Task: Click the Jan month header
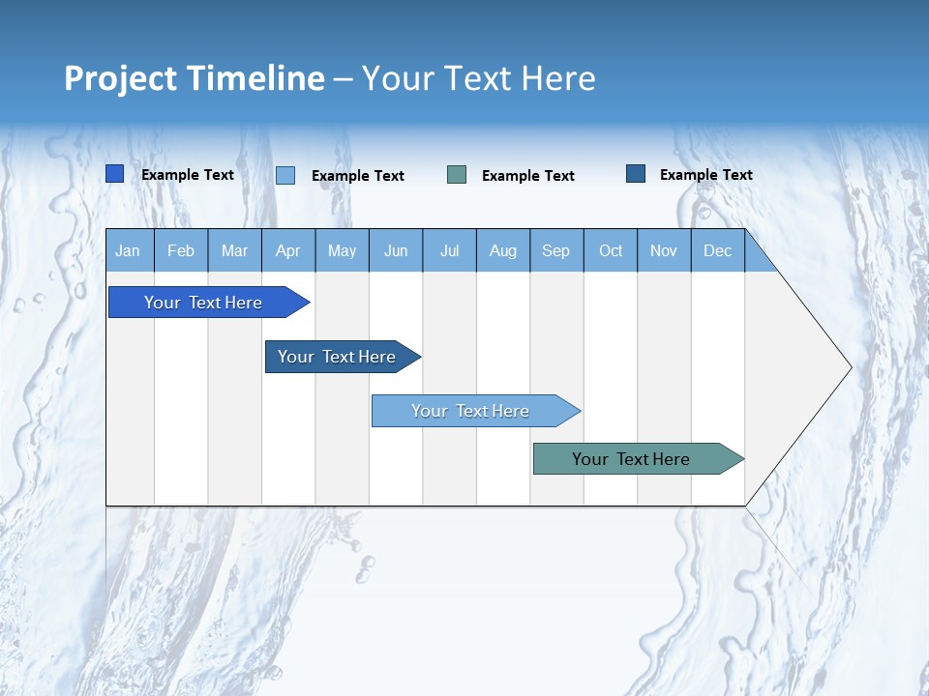(x=129, y=250)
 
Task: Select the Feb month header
(x=181, y=250)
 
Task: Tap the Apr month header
(x=288, y=250)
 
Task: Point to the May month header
(x=342, y=250)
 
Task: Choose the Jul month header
(x=449, y=250)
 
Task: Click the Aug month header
(x=503, y=250)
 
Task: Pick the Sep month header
(x=556, y=250)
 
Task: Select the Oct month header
(x=611, y=250)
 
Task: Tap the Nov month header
(x=664, y=250)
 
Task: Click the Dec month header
(x=718, y=250)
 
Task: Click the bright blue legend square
(x=115, y=174)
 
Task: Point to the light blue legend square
(x=285, y=175)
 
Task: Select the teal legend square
(x=457, y=175)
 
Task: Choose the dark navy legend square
(x=636, y=174)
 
